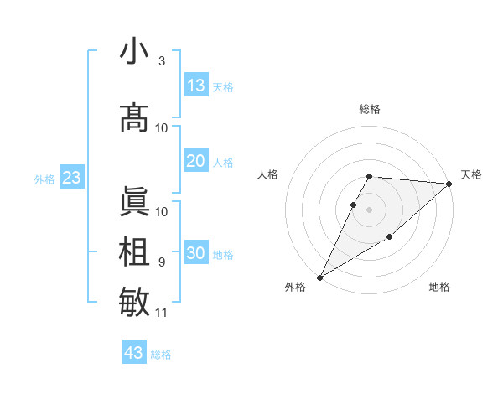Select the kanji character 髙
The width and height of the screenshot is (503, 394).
coord(134,118)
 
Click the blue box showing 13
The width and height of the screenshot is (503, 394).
coord(196,86)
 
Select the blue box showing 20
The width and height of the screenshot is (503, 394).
coord(196,161)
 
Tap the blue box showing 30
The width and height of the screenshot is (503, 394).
coord(196,254)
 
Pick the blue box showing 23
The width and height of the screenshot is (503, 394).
coord(71,178)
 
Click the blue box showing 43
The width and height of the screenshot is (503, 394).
coord(134,353)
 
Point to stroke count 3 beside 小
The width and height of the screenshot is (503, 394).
coord(161,61)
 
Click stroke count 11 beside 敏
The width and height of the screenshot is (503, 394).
coord(162,313)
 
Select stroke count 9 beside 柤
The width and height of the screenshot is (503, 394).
coord(161,262)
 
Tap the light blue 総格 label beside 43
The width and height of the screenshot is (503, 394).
coord(161,355)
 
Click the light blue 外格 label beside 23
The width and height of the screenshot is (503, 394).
coord(44,179)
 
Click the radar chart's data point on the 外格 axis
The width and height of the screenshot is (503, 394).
coord(319,277)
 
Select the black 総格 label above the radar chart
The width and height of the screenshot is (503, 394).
coord(370,109)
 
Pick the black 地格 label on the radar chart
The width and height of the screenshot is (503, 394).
coord(439,288)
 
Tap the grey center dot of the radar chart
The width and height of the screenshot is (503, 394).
coord(370,209)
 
